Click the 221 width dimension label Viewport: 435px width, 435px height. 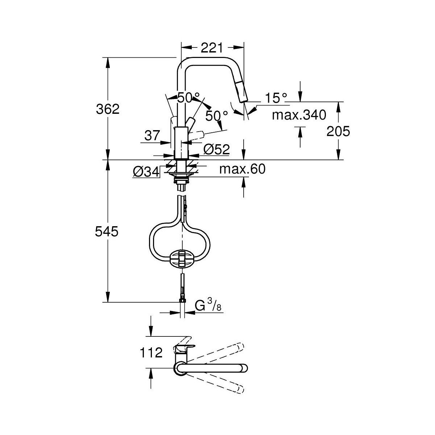point(211,47)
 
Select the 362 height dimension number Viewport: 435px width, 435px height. point(108,109)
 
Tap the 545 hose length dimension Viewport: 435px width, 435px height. point(107,231)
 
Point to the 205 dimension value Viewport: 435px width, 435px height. point(338,131)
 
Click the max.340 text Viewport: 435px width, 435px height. point(299,115)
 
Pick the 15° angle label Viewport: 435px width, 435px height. point(275,98)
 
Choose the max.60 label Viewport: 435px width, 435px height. point(242,169)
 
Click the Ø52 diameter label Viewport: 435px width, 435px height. point(216,149)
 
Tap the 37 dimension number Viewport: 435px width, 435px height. point(152,136)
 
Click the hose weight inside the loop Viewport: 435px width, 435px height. point(182,260)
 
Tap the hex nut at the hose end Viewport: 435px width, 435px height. point(182,301)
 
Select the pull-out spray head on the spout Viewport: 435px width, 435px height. point(241,92)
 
